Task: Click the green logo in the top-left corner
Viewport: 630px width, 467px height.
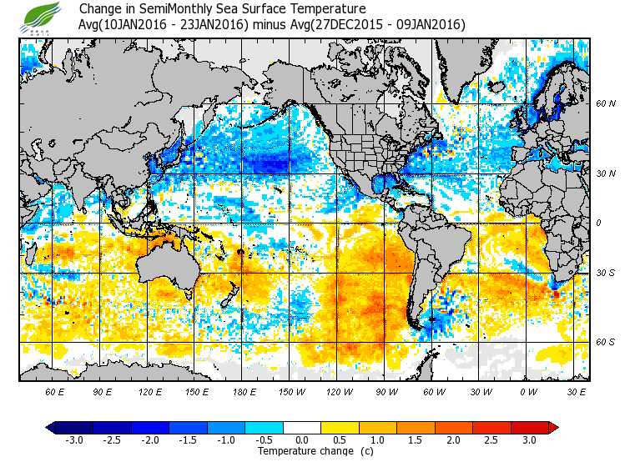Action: (41, 16)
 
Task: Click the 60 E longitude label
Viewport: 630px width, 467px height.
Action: (55, 391)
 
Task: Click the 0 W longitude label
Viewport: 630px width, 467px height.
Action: (528, 391)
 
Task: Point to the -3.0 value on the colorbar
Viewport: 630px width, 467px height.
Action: (75, 439)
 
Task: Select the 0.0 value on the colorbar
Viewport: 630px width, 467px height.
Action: (303, 439)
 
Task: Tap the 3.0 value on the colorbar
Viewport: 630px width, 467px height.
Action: (530, 439)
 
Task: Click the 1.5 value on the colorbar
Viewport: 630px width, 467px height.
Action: (416, 439)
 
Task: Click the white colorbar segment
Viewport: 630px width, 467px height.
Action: (303, 427)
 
